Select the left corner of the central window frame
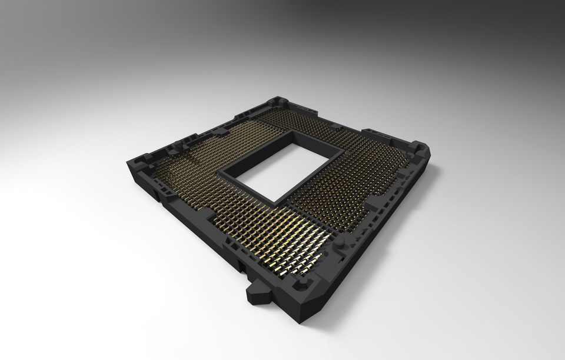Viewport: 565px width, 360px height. click(x=220, y=172)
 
